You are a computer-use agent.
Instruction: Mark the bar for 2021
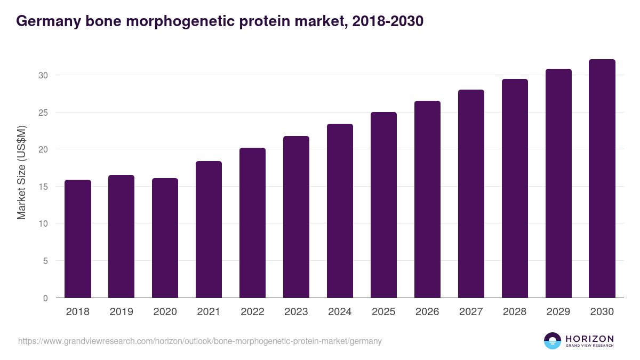click(x=209, y=229)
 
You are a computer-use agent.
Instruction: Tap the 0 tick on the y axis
click(x=45, y=298)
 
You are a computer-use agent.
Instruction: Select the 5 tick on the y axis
click(x=45, y=261)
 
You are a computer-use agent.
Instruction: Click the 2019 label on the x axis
click(x=121, y=312)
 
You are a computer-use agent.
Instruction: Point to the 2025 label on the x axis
click(x=383, y=312)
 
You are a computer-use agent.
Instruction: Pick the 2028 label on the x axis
click(x=515, y=312)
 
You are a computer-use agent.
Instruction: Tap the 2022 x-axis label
click(x=252, y=312)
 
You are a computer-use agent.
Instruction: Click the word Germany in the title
click(x=47, y=21)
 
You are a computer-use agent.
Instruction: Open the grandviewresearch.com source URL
click(x=200, y=341)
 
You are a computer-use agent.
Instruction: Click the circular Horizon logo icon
click(x=553, y=341)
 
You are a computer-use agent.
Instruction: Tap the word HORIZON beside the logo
click(x=589, y=338)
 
